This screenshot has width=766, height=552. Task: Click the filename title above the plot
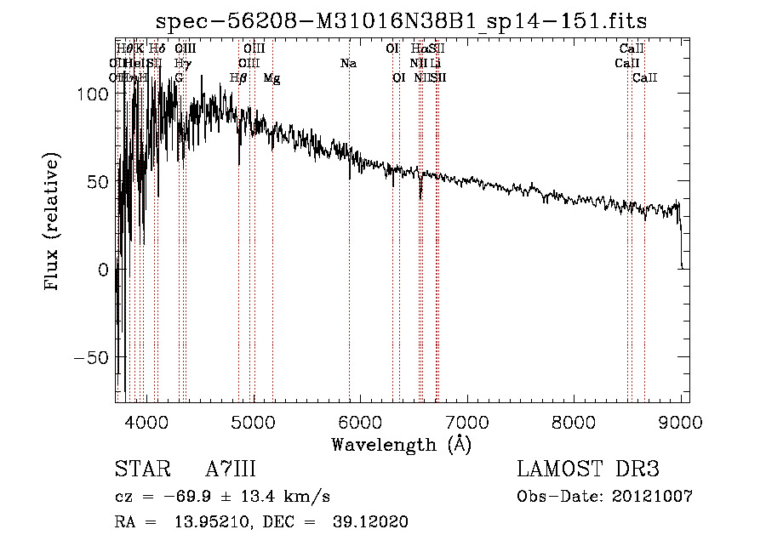pyautogui.click(x=408, y=20)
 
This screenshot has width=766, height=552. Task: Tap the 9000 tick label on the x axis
pyautogui.click(x=681, y=421)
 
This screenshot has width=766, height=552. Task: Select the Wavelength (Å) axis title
pyautogui.click(x=401, y=444)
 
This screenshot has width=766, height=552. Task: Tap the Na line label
pyautogui.click(x=347, y=63)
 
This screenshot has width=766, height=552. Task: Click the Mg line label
pyautogui.click(x=272, y=77)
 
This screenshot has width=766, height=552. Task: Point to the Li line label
pyautogui.click(x=435, y=63)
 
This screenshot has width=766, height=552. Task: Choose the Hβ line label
pyautogui.click(x=238, y=77)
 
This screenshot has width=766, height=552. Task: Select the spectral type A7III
pyautogui.click(x=231, y=469)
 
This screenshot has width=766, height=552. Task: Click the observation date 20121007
pyautogui.click(x=651, y=496)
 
